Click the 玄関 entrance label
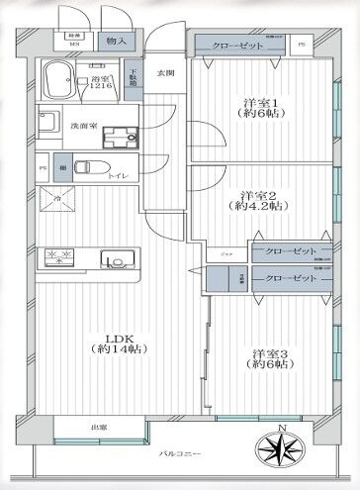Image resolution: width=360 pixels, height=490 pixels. point(164,73)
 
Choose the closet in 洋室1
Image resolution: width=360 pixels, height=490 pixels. point(238,45)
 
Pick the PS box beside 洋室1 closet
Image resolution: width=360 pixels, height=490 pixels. point(302,45)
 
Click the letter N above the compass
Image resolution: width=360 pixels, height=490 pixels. point(282,427)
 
